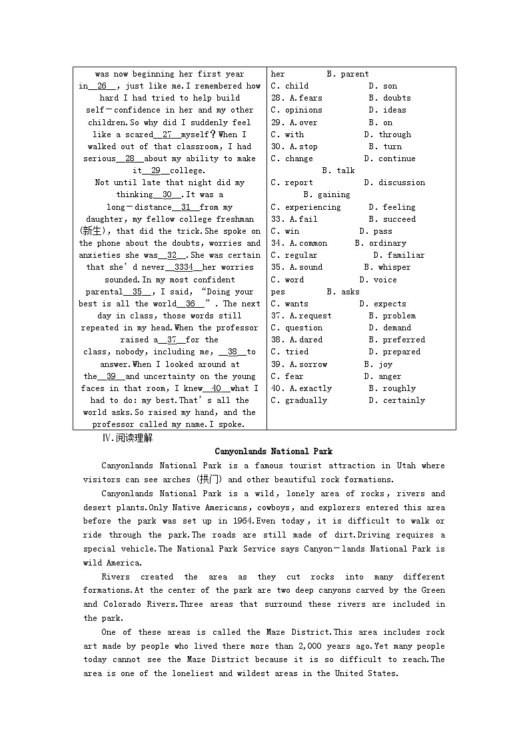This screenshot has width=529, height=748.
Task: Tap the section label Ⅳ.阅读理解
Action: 127,438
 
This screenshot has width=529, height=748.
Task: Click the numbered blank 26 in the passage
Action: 102,86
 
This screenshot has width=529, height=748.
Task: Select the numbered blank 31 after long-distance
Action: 185,207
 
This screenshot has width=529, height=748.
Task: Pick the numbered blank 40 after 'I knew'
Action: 216,388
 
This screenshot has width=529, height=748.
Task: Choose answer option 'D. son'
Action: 382,86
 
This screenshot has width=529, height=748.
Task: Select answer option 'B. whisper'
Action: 387,267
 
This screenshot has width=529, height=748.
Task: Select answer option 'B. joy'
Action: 378,364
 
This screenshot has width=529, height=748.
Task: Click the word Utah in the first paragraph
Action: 406,466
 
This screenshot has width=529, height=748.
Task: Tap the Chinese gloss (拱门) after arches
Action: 211,480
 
